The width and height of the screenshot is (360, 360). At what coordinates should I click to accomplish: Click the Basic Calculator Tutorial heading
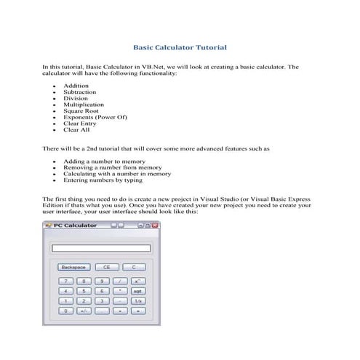coord(180,47)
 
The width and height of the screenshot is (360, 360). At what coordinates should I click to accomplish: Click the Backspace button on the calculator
coord(73,267)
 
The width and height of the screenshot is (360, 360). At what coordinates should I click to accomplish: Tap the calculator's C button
coord(133,267)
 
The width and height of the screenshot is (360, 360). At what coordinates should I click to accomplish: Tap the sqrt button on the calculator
coord(137,290)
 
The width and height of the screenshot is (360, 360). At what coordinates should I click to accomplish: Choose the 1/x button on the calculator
coord(137,300)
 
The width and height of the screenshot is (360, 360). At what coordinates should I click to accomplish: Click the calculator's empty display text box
coord(101,248)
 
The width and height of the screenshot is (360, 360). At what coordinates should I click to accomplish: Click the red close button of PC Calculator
coord(154,225)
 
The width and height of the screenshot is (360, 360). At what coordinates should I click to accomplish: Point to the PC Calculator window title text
coord(75,225)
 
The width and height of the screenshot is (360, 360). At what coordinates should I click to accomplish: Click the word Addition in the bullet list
coord(76,86)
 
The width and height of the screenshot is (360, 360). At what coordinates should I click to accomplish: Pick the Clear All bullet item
coord(76,130)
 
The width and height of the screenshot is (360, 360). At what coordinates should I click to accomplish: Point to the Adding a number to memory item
coord(104,161)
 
